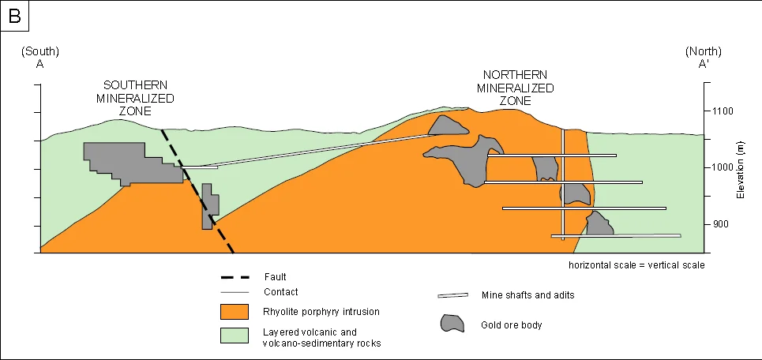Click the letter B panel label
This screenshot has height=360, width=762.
click(14, 15)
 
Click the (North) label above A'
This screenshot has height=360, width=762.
click(702, 51)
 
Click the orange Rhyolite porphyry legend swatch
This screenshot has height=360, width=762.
click(235, 311)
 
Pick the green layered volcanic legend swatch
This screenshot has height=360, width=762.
click(235, 336)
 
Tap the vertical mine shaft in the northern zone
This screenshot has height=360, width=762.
click(563, 182)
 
